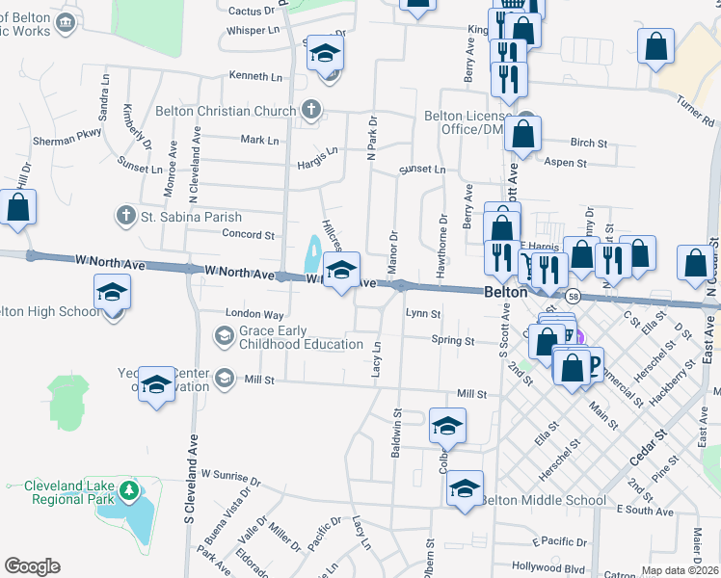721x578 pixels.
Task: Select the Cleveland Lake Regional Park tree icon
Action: [127, 493]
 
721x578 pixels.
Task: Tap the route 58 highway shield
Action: [573, 295]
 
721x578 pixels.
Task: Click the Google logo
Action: [32, 566]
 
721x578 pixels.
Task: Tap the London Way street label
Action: [254, 314]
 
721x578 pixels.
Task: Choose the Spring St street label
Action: [453, 341]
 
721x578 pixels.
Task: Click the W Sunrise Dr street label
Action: [229, 475]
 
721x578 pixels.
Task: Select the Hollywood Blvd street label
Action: [548, 566]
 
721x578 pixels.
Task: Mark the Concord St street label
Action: [249, 234]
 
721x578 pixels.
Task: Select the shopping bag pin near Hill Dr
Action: [18, 208]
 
